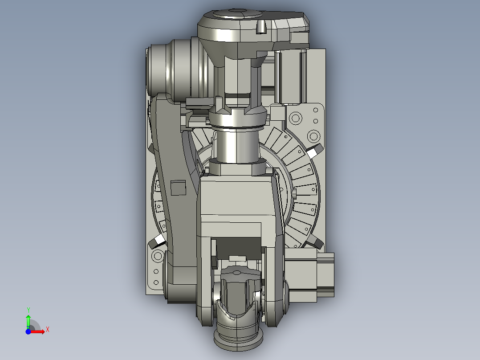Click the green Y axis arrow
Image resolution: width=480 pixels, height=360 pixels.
pyautogui.click(x=28, y=321)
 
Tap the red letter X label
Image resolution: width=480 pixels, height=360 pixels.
pyautogui.click(x=48, y=330)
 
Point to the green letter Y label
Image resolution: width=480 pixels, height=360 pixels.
pyautogui.click(x=28, y=310)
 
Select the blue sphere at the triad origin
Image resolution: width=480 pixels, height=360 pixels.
pyautogui.click(x=28, y=331)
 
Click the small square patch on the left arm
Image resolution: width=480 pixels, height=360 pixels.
pyautogui.click(x=178, y=188)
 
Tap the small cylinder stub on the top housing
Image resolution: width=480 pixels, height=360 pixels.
pyautogui.click(x=261, y=27)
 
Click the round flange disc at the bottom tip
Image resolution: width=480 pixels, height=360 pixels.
pyautogui.click(x=238, y=342)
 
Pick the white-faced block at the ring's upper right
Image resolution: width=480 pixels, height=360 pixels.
pyautogui.click(x=315, y=151)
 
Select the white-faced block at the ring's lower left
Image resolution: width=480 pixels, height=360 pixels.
pyautogui.click(x=157, y=241)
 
